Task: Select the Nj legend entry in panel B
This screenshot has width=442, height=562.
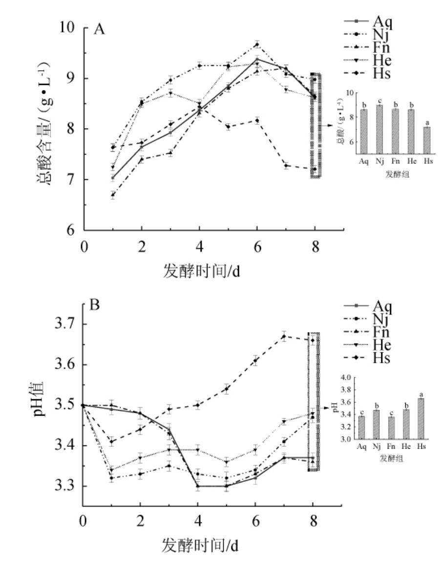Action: click(x=371, y=320)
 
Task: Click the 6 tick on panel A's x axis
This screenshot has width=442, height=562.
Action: click(x=257, y=246)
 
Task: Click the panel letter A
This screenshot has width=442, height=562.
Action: click(x=100, y=30)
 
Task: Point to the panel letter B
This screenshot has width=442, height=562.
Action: click(x=96, y=306)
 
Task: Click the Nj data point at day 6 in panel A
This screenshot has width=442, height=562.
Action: click(x=257, y=45)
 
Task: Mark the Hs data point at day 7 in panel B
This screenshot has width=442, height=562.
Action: click(x=285, y=336)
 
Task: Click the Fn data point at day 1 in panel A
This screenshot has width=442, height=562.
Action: click(x=113, y=195)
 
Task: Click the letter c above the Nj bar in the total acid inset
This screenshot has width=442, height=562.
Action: click(x=379, y=101)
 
